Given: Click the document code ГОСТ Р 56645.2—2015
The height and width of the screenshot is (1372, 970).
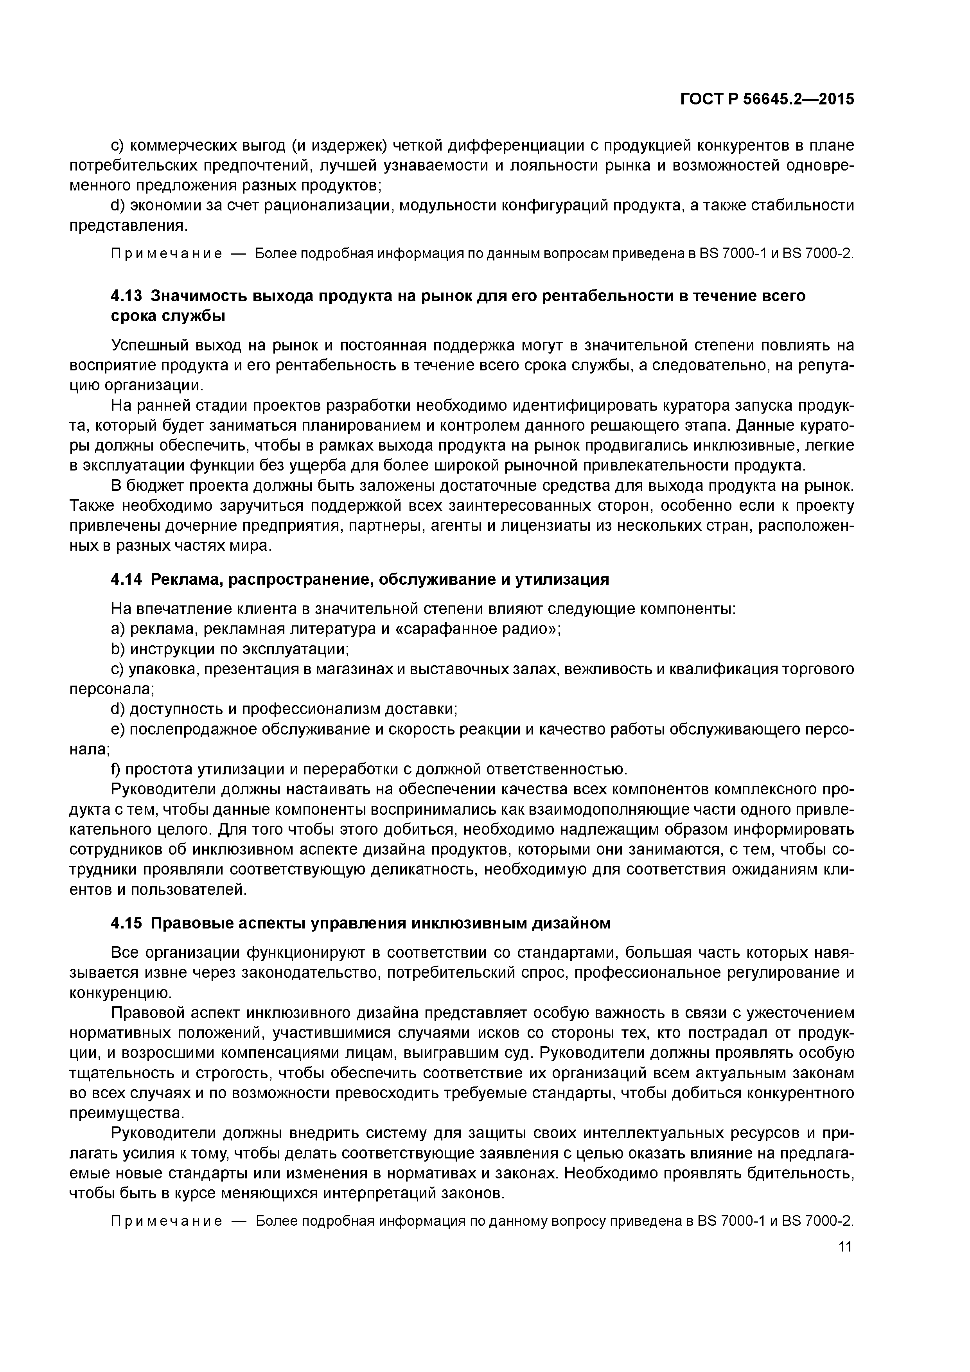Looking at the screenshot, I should tap(767, 99).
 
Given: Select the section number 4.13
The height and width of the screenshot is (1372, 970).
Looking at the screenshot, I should tap(127, 296).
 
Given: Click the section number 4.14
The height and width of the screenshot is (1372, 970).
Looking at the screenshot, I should tap(127, 579).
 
